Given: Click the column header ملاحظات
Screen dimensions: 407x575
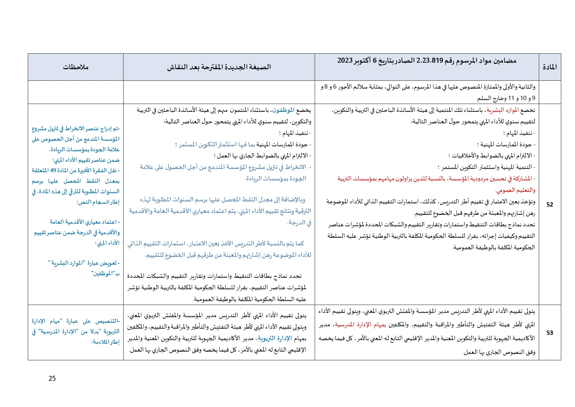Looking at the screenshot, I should click(x=76, y=67).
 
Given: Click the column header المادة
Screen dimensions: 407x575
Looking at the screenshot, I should click(x=550, y=67).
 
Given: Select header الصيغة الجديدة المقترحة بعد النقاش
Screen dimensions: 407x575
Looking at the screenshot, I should click(x=219, y=67).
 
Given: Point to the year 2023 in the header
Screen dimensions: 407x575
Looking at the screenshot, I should click(x=344, y=60).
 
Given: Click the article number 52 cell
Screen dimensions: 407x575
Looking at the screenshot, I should click(x=550, y=204).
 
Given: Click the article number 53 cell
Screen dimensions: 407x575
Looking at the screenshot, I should click(x=550, y=333).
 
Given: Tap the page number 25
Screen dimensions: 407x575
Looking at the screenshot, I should click(x=52, y=378).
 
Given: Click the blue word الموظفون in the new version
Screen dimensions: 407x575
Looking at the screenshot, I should click(x=284, y=110).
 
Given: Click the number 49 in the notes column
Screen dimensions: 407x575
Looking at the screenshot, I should click(x=53, y=171).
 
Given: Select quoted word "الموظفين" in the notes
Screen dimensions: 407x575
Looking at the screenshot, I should click(x=103, y=274).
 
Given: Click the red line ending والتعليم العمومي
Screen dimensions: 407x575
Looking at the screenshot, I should click(x=515, y=190).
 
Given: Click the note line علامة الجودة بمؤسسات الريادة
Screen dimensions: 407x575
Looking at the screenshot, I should click(x=85, y=150).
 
